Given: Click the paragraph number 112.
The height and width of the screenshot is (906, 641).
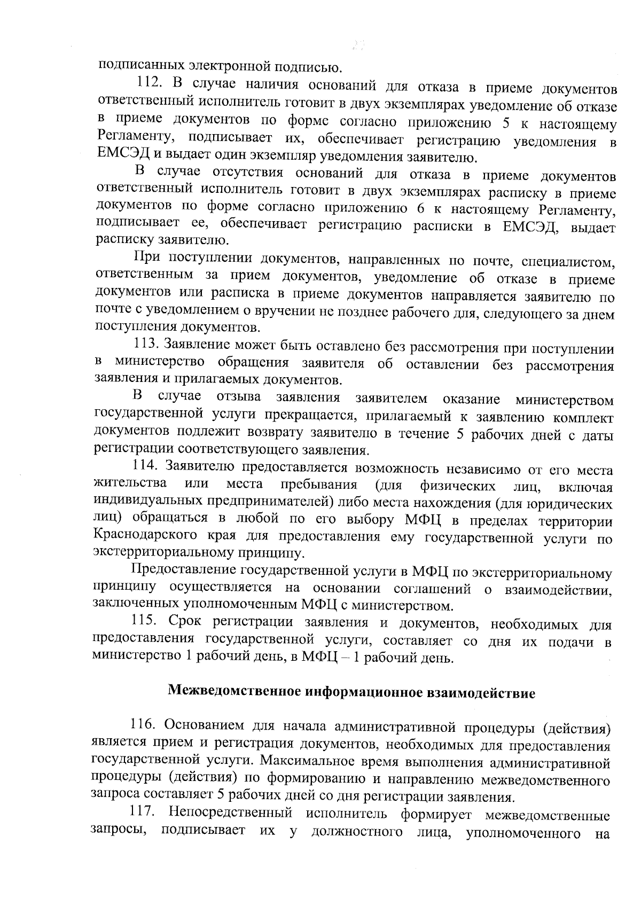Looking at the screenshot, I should (151, 83).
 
